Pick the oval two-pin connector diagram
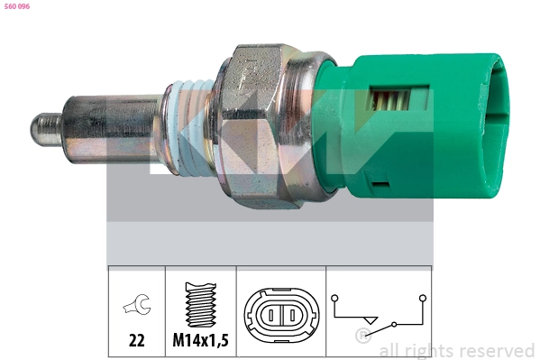279,317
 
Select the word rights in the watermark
429,350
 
